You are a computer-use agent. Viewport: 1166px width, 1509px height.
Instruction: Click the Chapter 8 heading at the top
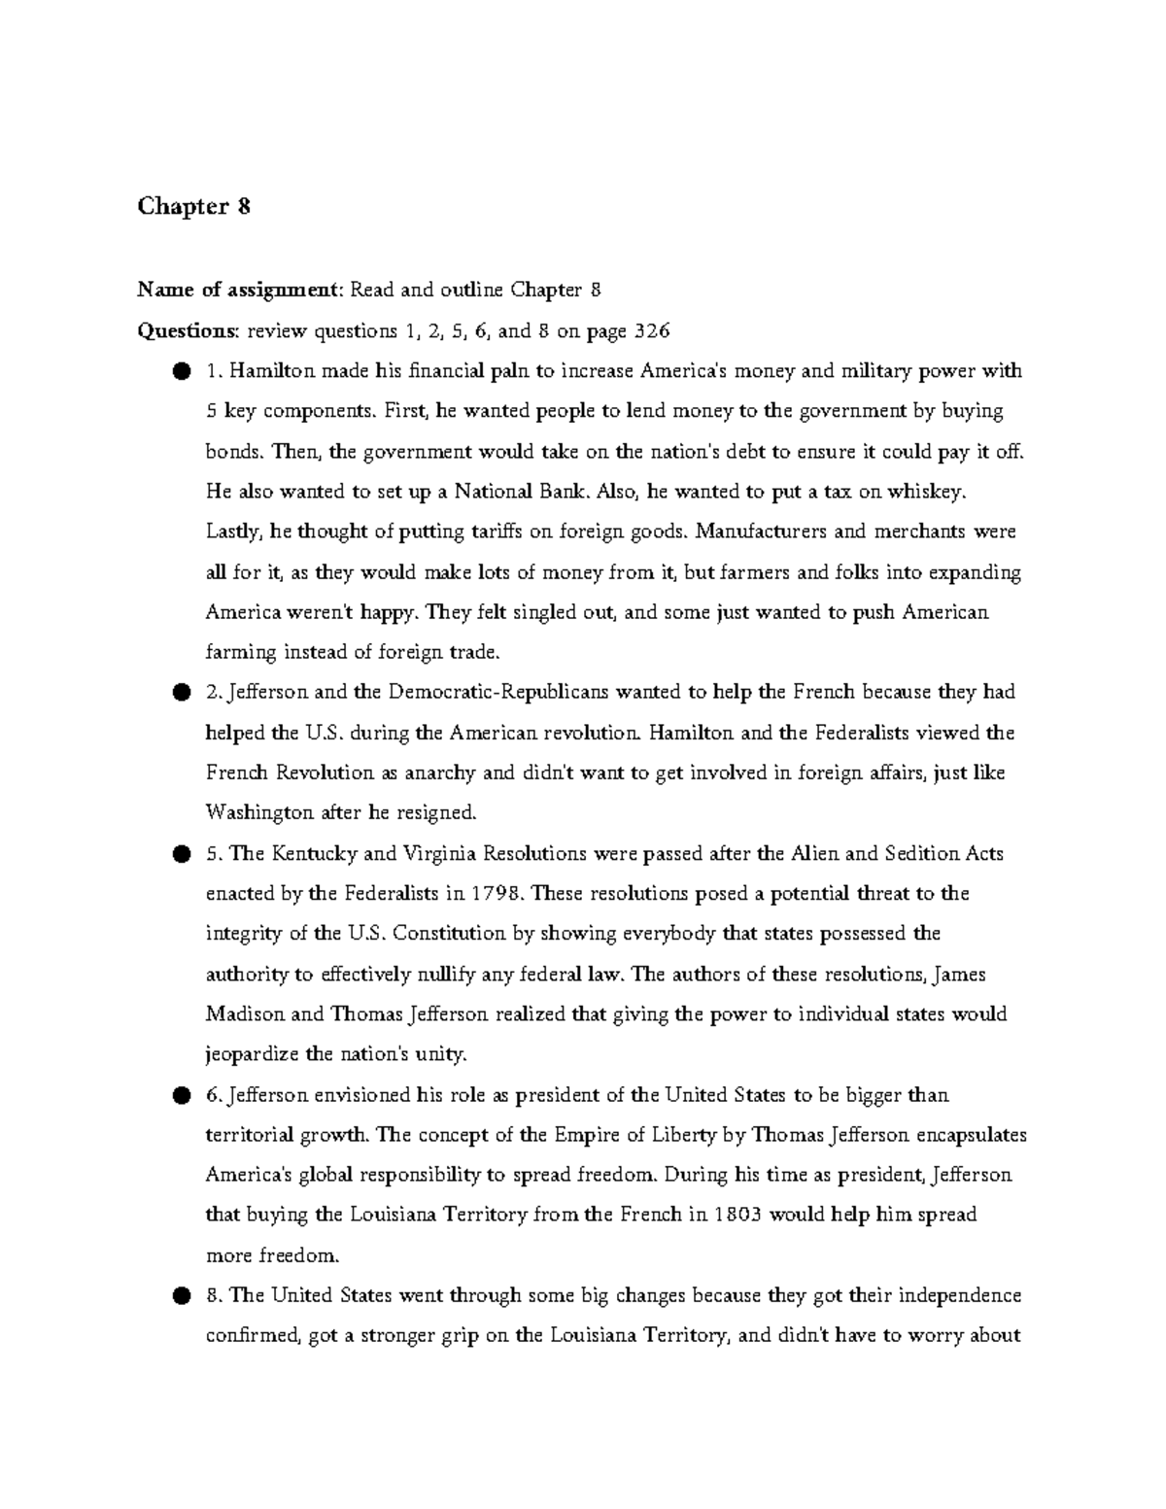tap(194, 207)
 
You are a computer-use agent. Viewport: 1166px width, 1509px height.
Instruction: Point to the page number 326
tap(652, 330)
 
